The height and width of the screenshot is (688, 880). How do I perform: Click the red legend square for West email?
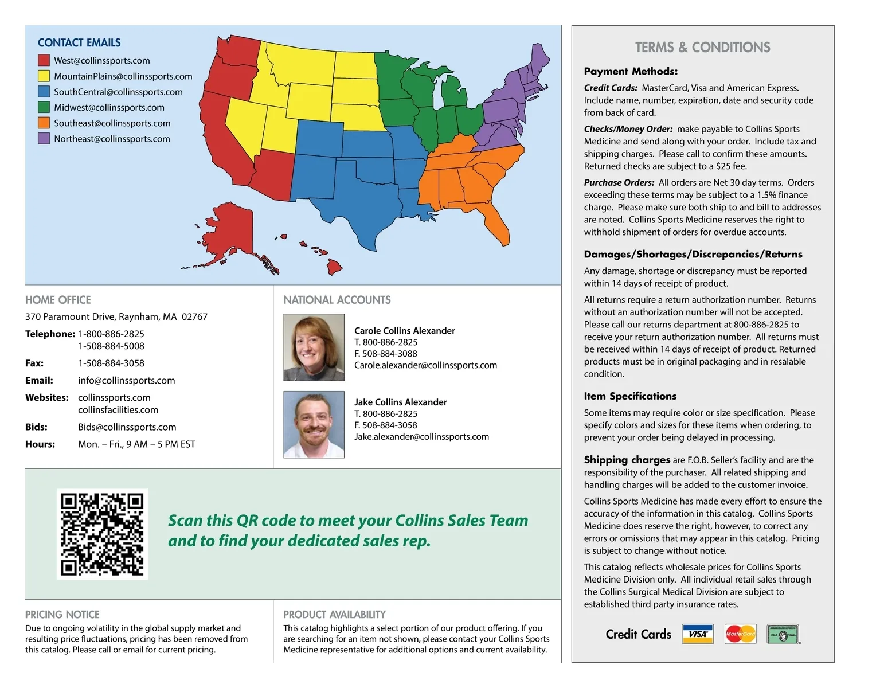pyautogui.click(x=44, y=60)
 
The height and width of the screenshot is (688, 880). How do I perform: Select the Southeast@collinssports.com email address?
pyautogui.click(x=112, y=123)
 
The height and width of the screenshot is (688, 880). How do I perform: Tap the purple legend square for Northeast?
pyautogui.click(x=44, y=139)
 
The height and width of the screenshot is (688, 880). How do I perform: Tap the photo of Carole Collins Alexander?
pyautogui.click(x=314, y=347)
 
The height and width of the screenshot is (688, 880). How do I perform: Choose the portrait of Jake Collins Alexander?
pyautogui.click(x=314, y=424)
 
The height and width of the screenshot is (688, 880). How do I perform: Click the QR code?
pyautogui.click(x=102, y=534)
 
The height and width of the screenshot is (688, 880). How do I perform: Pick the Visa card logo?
pyautogui.click(x=698, y=634)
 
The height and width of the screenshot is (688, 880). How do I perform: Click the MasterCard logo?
pyautogui.click(x=740, y=634)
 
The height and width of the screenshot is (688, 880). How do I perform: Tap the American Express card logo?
pyautogui.click(x=783, y=634)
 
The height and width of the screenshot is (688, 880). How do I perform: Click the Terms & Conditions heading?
pyautogui.click(x=702, y=47)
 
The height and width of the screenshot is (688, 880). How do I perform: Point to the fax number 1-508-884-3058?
pyautogui.click(x=111, y=363)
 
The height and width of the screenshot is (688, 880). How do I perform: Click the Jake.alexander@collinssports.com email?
pyautogui.click(x=421, y=437)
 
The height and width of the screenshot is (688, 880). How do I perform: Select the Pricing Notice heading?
pyautogui.click(x=62, y=615)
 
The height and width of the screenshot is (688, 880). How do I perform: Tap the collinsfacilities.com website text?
pyautogui.click(x=118, y=410)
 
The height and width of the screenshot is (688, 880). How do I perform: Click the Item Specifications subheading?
pyautogui.click(x=630, y=396)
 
